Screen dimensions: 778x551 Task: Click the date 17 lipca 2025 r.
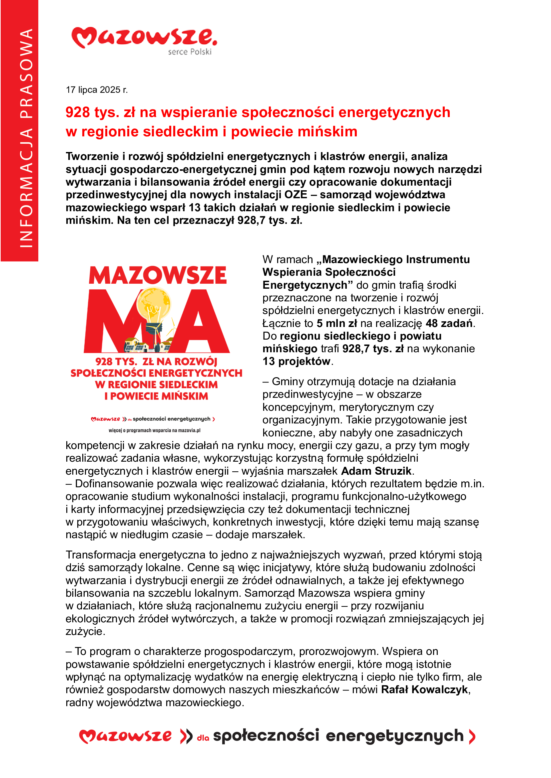97,90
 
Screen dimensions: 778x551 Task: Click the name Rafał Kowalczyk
424,690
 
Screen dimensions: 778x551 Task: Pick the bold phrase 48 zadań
449,323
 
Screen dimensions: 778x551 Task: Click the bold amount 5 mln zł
336,323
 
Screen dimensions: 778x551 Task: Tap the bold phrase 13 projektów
296,362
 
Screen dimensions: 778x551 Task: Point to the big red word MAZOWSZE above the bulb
158,275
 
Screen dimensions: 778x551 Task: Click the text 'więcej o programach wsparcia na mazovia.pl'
154,430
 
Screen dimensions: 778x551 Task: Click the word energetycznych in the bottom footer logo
394,736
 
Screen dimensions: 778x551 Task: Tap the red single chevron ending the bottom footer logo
472,737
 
